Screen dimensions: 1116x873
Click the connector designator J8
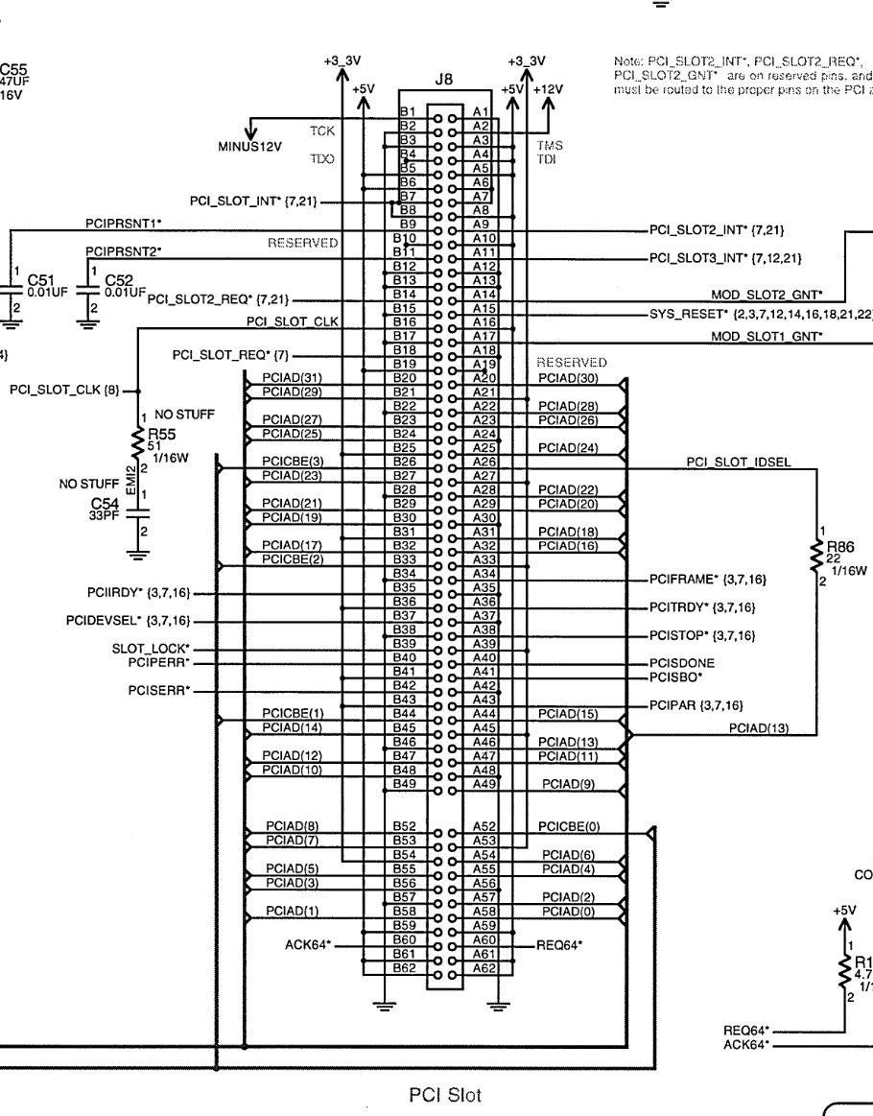click(x=443, y=81)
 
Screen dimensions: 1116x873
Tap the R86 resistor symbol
click(x=816, y=554)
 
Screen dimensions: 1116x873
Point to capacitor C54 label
click(x=102, y=503)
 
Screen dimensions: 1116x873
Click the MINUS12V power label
click(x=249, y=146)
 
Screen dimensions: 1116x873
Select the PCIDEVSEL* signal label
click(x=128, y=621)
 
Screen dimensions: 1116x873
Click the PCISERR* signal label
click(x=158, y=689)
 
